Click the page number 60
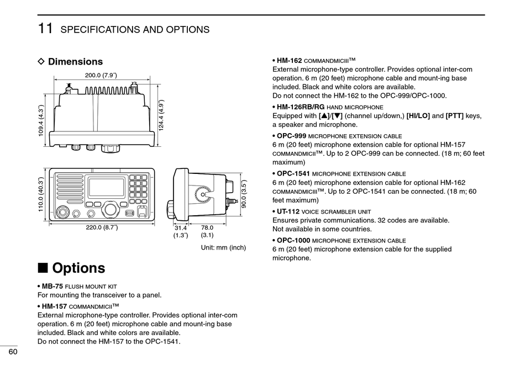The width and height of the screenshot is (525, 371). tap(12, 352)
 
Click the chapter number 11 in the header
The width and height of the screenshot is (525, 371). tap(45, 28)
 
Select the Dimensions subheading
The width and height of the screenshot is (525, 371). tap(75, 62)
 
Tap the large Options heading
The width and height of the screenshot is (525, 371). tap(78, 268)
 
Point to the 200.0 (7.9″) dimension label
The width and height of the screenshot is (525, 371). tap(101, 76)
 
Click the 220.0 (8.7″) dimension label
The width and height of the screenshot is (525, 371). tap(102, 227)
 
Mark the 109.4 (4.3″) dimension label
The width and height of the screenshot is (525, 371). tap(40, 121)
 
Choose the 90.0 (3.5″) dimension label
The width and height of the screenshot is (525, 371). tap(244, 195)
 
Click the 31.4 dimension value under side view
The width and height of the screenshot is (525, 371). tap(181, 227)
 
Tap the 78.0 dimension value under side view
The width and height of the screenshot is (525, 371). tap(207, 227)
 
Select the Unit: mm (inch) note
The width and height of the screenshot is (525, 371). tap(223, 248)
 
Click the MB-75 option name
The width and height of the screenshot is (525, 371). tap(53, 287)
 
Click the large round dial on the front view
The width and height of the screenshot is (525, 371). tap(111, 209)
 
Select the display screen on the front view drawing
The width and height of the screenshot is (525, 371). tap(106, 187)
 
